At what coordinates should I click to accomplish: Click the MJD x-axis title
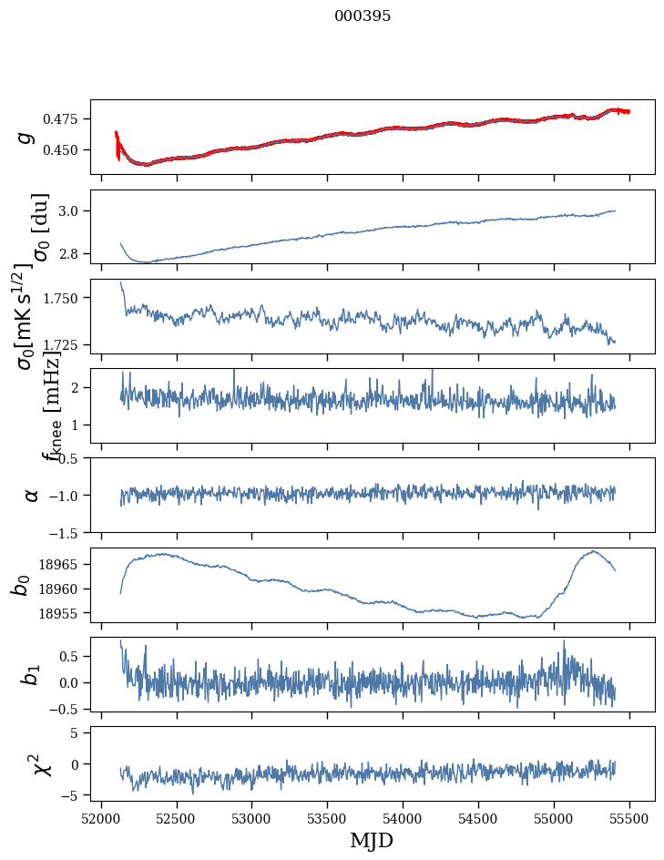372,840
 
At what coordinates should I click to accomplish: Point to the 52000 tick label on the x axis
101,817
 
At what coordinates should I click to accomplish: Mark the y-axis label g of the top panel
27,137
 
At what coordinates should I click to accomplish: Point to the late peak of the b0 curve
593,551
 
